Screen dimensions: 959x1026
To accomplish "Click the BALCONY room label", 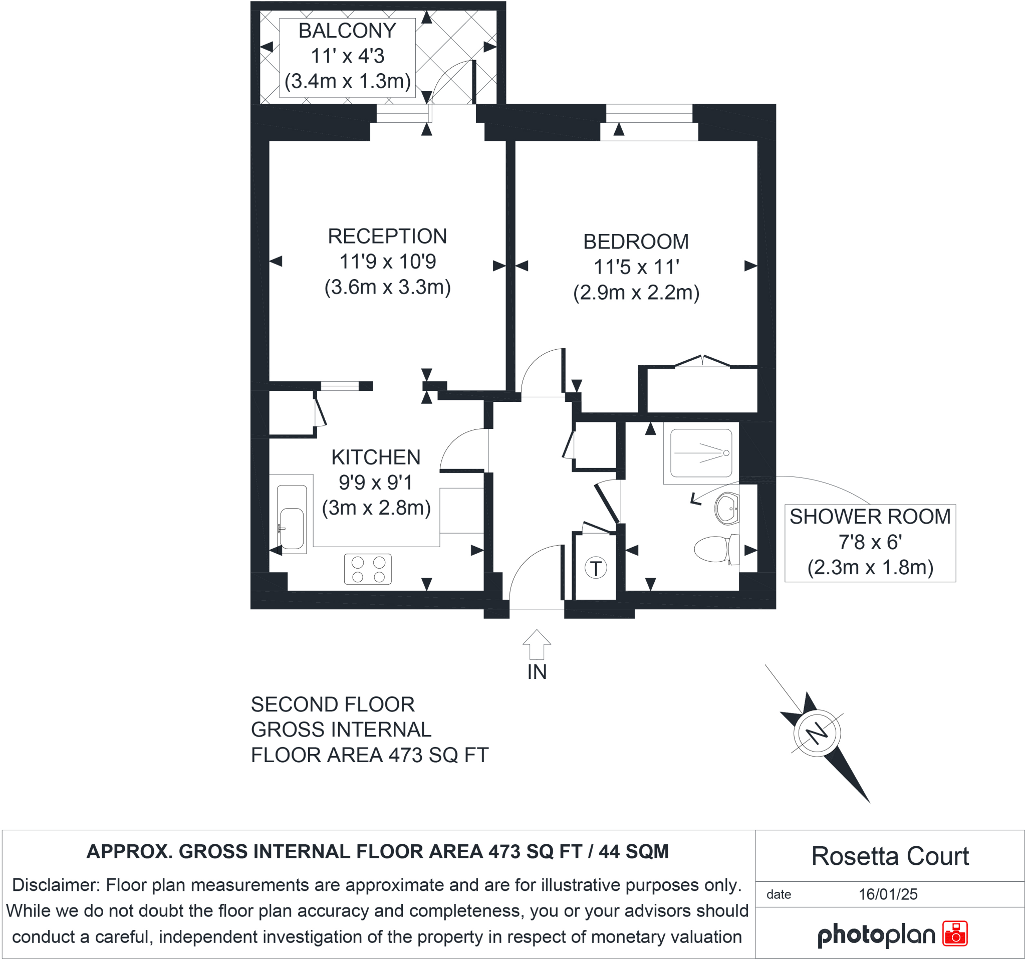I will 347,31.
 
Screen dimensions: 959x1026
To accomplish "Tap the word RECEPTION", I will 387,236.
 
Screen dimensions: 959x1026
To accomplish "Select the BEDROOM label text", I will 636,242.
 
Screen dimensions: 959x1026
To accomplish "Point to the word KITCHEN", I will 376,457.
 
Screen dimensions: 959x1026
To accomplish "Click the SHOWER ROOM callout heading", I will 870,517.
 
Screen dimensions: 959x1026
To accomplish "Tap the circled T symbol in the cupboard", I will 596,568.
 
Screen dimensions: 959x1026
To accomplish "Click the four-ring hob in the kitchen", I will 368,569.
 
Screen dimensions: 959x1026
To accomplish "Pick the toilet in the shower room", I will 715,549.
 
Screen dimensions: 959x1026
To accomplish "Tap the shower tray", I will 701,453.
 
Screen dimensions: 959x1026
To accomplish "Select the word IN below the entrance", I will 537,672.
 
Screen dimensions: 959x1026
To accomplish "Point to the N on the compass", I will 817,734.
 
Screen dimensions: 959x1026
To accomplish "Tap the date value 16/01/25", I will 888,894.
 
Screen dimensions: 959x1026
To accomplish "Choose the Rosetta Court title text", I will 890,856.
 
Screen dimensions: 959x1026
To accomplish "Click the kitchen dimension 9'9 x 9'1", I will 376,483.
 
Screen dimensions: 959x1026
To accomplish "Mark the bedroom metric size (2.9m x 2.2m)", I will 636,293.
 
